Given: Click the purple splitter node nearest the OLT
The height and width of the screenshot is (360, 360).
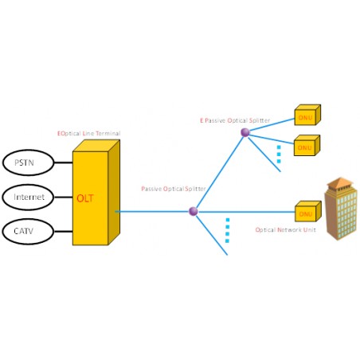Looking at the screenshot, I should point(193,211).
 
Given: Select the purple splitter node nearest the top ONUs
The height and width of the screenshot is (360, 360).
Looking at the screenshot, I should point(245,131).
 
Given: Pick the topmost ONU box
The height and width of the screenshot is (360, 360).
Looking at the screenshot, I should point(307,115).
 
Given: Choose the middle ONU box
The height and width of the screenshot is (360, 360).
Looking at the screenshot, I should point(307,147).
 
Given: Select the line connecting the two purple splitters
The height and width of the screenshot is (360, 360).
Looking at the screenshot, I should point(219,171).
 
